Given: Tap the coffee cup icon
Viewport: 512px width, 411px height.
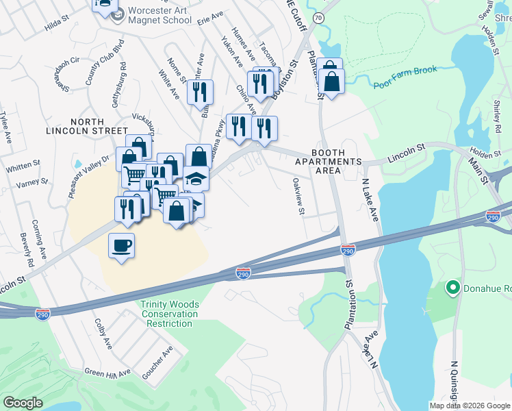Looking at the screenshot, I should pos(121,245).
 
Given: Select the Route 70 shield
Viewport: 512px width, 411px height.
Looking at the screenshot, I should pos(318,19).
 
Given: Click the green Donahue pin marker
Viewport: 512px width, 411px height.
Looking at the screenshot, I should pos(452,287).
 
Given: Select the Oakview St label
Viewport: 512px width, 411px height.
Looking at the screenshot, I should pos(298,197).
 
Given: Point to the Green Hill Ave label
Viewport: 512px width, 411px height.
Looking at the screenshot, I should pos(107,373).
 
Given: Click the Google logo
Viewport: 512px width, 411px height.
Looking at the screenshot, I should pos(23,403).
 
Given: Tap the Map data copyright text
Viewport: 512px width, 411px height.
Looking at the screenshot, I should pos(469,406).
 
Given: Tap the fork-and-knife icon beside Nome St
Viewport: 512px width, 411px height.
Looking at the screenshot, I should pos(200,91).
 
